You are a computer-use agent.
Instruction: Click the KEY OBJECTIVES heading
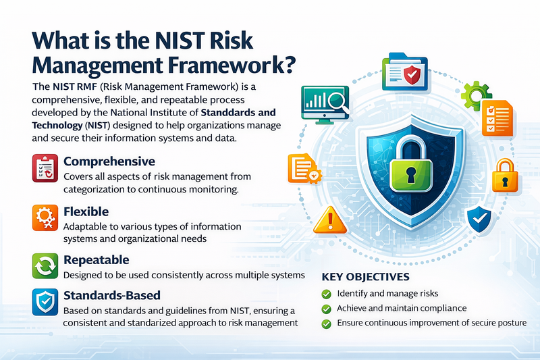click(x=365, y=277)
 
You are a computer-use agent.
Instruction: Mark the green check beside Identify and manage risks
click(x=326, y=293)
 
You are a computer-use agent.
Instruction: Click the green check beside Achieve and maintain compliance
click(x=326, y=308)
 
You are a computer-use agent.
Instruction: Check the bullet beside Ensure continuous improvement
click(x=326, y=324)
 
